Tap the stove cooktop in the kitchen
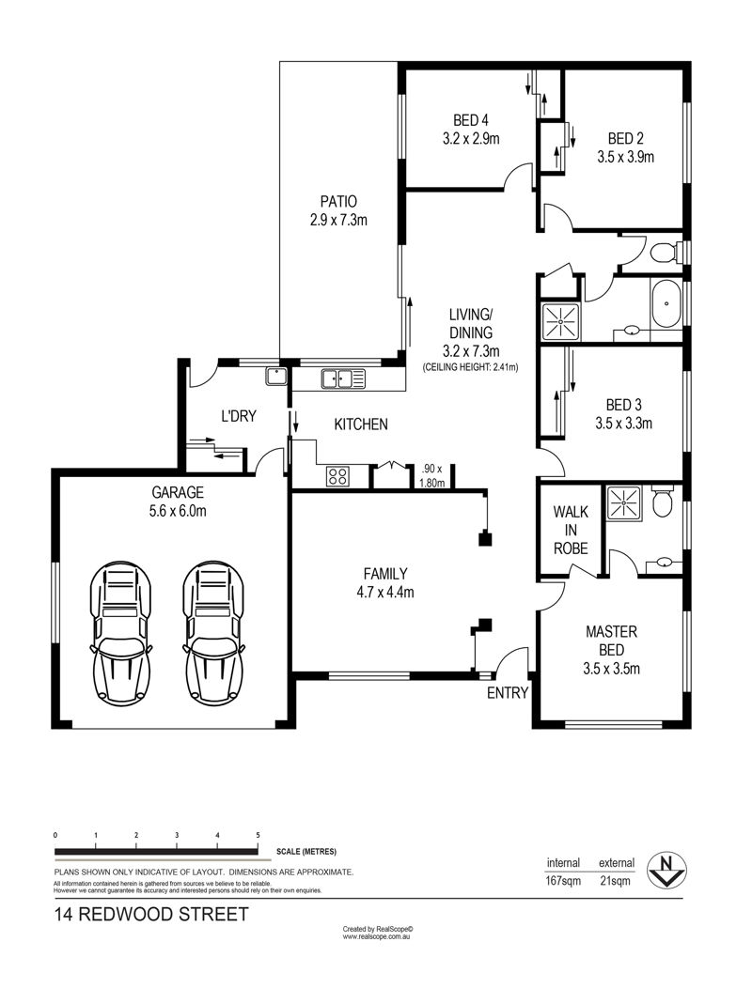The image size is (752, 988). [337, 476]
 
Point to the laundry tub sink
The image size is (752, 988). [276, 377]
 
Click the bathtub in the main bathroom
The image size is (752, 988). [666, 305]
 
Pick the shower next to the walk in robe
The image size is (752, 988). [623, 502]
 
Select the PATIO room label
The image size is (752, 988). [338, 202]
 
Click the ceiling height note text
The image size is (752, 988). [471, 366]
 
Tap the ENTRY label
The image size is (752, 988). [508, 693]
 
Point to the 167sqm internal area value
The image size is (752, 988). [563, 880]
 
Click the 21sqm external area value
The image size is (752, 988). [615, 880]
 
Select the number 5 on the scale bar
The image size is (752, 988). [258, 835]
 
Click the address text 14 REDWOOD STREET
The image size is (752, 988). [151, 914]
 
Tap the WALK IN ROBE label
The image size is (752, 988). [571, 530]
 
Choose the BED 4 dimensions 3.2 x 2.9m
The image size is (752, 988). [471, 139]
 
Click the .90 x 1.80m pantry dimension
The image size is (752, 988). [432, 476]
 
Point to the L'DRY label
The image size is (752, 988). [239, 416]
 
